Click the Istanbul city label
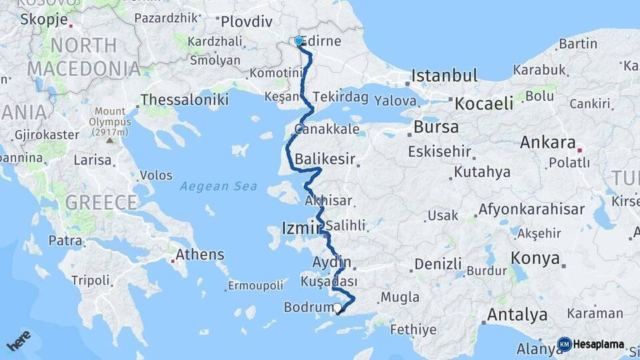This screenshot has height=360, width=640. click(445, 75)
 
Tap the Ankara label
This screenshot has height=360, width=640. click(547, 142)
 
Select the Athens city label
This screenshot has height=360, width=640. click(201, 254)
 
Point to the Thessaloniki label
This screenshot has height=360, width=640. click(185, 100)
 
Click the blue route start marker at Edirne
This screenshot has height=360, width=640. click(299, 41)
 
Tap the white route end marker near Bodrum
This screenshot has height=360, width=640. click(338, 308)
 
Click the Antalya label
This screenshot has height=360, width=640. click(517, 315)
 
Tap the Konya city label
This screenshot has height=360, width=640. click(535, 259)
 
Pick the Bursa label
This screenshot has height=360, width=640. click(436, 127)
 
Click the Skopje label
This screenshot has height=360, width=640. click(44, 19)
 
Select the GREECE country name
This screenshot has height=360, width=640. click(101, 202)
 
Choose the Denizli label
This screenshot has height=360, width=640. click(438, 264)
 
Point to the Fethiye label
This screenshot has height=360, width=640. click(413, 329)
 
